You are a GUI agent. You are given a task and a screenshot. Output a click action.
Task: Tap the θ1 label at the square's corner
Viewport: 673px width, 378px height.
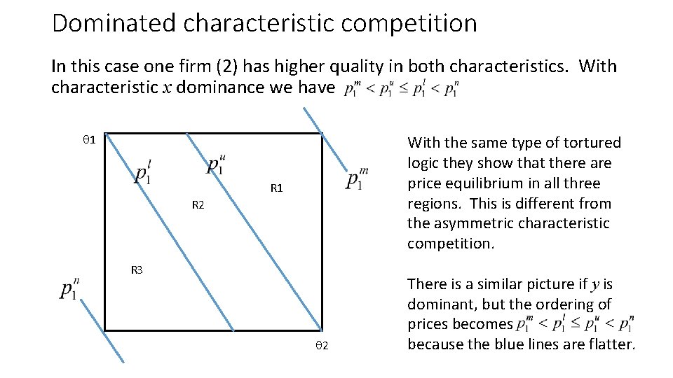tap(89, 140)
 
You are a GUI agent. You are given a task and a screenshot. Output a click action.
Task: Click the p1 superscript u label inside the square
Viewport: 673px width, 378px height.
tap(216, 164)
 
